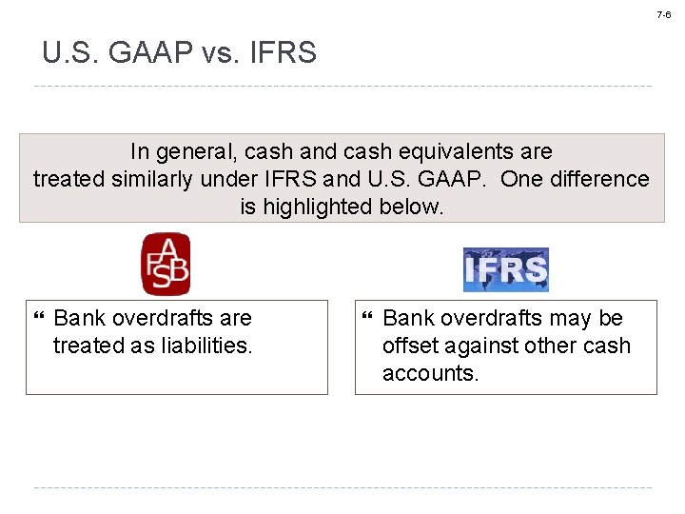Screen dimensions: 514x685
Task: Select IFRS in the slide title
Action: (x=283, y=53)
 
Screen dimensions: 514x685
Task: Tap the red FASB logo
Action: (x=166, y=264)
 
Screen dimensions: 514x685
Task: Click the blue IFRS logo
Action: (x=505, y=269)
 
